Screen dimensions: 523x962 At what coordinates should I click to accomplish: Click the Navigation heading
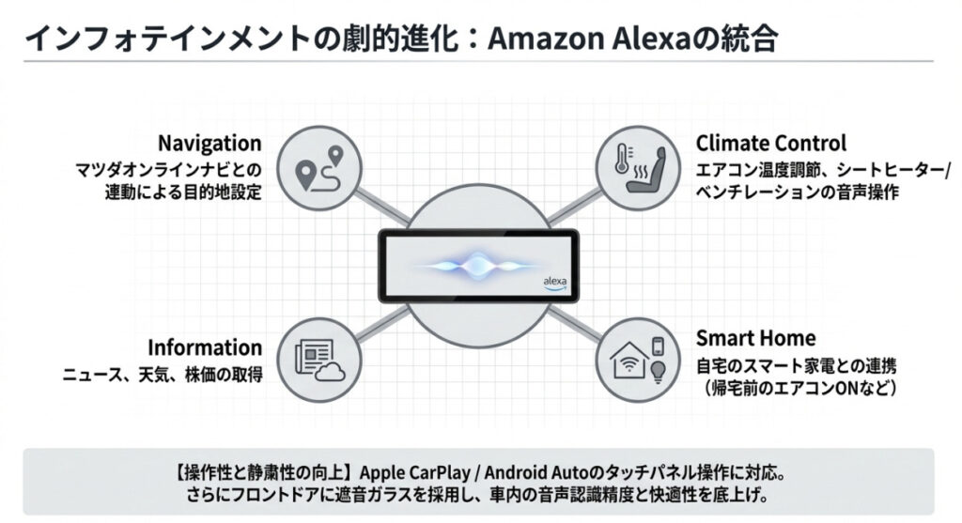click(x=209, y=144)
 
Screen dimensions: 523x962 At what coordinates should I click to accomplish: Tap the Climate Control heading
click(x=770, y=144)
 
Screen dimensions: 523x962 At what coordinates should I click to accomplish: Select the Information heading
click(x=203, y=346)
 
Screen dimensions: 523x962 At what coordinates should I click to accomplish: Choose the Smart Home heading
click(x=755, y=338)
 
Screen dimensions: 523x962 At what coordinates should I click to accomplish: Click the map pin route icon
click(x=319, y=168)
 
